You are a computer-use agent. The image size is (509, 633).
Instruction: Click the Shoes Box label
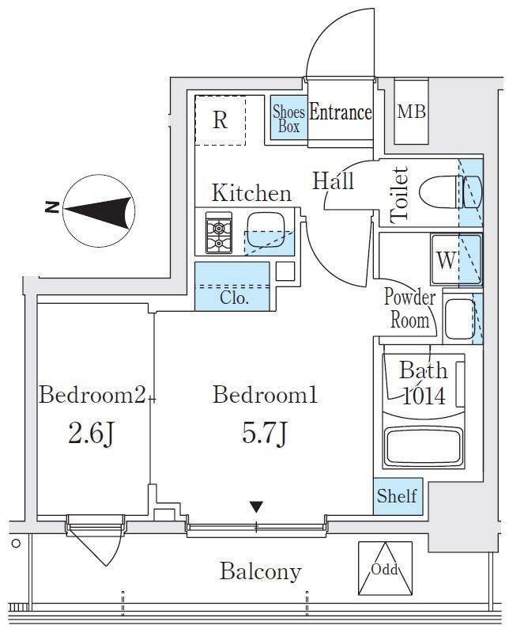(288, 119)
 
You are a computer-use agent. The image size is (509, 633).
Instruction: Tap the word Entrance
(340, 112)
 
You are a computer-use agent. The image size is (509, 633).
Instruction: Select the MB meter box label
(411, 112)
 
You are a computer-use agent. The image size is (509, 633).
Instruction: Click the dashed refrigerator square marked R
(220, 120)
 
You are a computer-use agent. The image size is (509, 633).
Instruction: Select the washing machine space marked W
(447, 260)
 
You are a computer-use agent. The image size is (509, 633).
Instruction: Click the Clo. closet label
(234, 298)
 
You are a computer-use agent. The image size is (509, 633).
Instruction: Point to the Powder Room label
(410, 309)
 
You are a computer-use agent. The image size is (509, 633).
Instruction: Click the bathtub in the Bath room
(424, 445)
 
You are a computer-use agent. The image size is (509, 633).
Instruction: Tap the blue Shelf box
(397, 496)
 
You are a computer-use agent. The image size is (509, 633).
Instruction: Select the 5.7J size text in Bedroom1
(263, 433)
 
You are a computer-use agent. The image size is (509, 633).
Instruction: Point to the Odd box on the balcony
(385, 568)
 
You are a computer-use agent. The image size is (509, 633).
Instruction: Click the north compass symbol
(98, 210)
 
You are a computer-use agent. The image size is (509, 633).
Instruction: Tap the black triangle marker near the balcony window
(255, 506)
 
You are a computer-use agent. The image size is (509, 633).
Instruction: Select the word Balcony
(260, 571)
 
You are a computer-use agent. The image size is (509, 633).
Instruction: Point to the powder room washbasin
(458, 318)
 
